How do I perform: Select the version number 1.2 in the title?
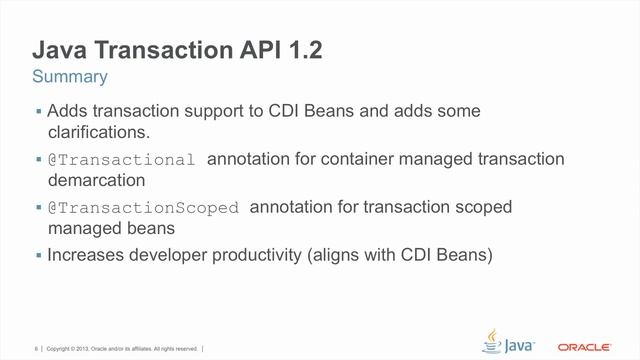tap(300, 50)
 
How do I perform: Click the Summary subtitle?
tap(69, 77)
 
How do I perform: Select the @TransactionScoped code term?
tap(144, 208)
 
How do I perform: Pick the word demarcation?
tap(97, 181)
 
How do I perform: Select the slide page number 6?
tap(36, 349)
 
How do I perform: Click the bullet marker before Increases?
tap(38, 255)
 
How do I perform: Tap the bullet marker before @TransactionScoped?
tap(38, 208)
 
